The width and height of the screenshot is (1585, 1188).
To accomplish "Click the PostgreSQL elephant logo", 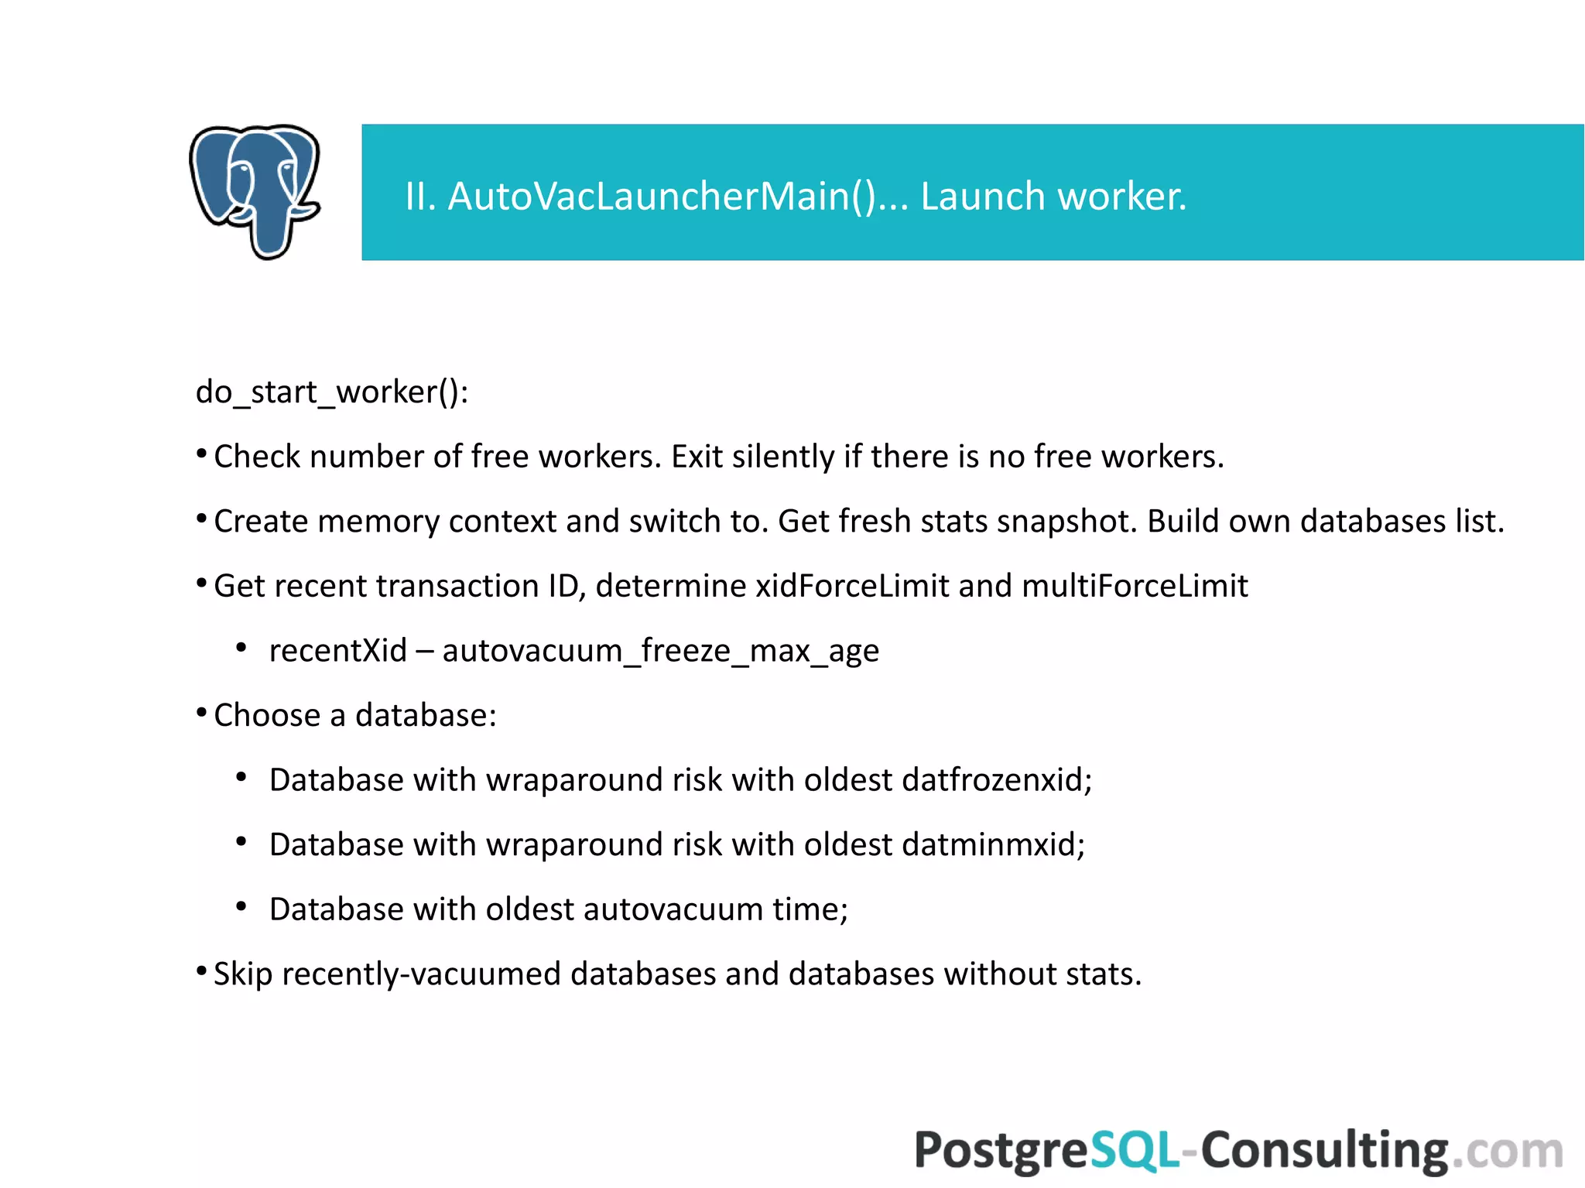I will click(255, 191).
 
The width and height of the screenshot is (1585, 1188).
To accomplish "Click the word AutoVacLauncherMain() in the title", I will click(661, 196).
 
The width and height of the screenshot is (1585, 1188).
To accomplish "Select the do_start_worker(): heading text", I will click(332, 392).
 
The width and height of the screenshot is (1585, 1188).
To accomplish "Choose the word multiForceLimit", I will click(1135, 586).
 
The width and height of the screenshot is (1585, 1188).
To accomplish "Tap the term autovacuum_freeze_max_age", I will click(660, 651).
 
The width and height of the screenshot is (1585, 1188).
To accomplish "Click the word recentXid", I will click(337, 651).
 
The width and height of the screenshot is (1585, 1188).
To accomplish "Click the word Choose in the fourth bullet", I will click(267, 715).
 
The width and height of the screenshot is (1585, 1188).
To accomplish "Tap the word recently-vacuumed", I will click(421, 974).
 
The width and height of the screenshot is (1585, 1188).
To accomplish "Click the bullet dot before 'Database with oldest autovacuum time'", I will click(241, 906).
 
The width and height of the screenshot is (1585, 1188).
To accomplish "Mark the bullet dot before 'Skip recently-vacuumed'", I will click(201, 971).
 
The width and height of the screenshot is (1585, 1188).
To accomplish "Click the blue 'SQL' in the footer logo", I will click(1135, 1150).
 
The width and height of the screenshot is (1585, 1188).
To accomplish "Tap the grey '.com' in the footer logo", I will click(1507, 1152).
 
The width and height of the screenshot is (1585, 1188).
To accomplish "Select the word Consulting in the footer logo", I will click(1324, 1150).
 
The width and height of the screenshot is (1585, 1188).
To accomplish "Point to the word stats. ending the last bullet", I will click(1103, 974).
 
